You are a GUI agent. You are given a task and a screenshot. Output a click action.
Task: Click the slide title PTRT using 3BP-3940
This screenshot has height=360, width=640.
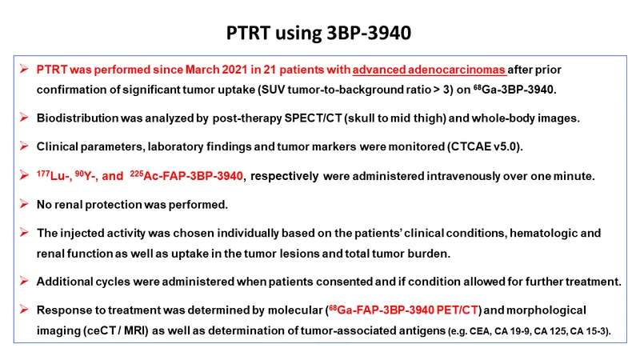coord(318,33)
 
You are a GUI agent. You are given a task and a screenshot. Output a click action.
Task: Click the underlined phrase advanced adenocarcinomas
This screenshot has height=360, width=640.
coord(429,70)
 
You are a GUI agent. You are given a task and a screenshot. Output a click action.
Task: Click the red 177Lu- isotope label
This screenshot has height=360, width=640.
coord(54,175)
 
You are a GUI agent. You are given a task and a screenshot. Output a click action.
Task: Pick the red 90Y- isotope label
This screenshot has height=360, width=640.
coord(86,175)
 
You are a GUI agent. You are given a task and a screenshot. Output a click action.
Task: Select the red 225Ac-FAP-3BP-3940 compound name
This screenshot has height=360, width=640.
coord(186,175)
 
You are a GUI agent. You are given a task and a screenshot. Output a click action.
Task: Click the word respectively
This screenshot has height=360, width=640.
coord(285,176)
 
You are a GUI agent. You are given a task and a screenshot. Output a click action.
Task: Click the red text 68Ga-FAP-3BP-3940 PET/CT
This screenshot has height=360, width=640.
coord(404,310)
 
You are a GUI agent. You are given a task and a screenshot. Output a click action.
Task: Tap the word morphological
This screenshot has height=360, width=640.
coord(546,310)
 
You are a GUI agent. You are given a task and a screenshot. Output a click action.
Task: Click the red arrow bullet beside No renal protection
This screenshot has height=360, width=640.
coord(24,204)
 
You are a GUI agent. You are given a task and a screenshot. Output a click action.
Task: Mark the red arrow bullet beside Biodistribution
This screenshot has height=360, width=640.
coord(24,118)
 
